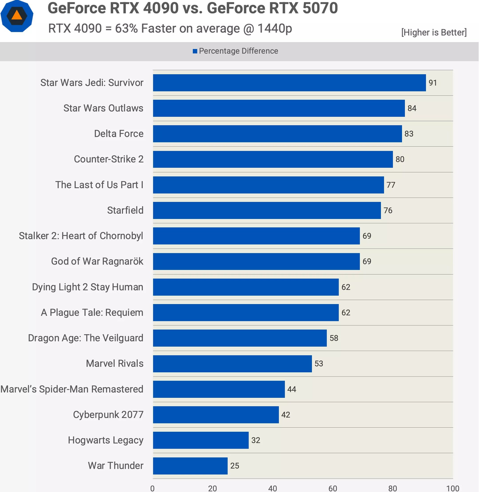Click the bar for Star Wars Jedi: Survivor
click(289, 83)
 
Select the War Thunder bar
click(190, 466)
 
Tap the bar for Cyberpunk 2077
click(216, 415)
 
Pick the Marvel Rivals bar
click(232, 364)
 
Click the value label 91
click(433, 83)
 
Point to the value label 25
click(235, 466)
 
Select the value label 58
click(334, 338)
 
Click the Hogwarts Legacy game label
click(106, 440)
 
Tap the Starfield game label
click(125, 210)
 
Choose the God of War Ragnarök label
click(97, 262)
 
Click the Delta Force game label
click(119, 134)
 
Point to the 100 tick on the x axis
click(453, 488)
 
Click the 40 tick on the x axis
click(273, 488)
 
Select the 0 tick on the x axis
click(153, 488)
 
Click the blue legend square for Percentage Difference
click(195, 51)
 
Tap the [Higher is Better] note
click(434, 32)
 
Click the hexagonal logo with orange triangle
click(17, 16)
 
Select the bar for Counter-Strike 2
click(273, 159)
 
